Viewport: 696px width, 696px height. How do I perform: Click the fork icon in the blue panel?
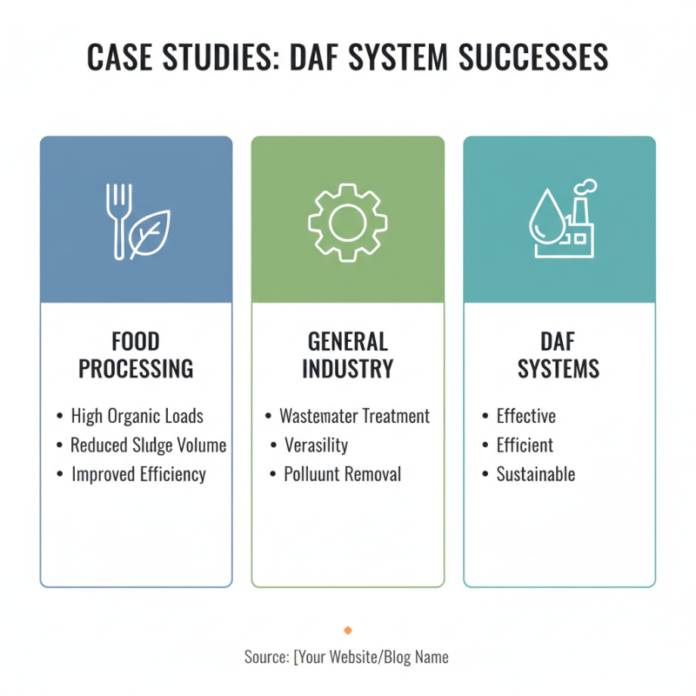click(x=118, y=222)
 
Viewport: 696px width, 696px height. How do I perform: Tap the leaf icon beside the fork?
click(x=150, y=234)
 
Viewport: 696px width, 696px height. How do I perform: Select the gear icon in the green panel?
click(x=347, y=223)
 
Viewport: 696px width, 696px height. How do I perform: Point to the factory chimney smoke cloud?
click(x=586, y=186)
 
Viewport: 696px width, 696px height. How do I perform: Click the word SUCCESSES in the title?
click(x=533, y=57)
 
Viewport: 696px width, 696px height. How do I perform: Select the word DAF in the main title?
click(x=314, y=57)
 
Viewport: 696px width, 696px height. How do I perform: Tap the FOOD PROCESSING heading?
click(x=136, y=355)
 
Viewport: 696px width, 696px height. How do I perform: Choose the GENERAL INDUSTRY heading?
click(x=347, y=355)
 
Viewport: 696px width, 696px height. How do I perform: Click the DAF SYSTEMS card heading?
click(x=559, y=355)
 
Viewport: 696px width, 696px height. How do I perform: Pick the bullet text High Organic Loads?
click(x=137, y=417)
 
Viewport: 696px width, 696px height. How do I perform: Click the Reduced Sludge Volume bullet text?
click(x=148, y=445)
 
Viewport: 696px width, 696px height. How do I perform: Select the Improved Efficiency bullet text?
click(x=139, y=474)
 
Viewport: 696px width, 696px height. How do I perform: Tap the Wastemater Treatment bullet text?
click(x=355, y=417)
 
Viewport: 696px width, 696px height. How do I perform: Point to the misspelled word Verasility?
click(x=317, y=445)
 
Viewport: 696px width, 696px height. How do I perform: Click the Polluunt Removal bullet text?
click(x=343, y=474)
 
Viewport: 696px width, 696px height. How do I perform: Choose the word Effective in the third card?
click(x=526, y=417)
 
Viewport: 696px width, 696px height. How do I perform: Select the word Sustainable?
click(x=536, y=474)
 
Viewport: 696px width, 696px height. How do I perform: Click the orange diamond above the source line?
click(x=348, y=630)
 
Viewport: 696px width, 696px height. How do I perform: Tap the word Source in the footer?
click(x=266, y=657)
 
